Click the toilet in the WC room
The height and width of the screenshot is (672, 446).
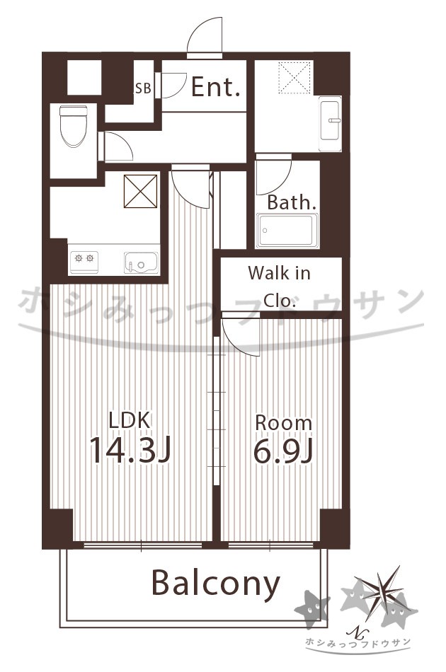click(74, 126)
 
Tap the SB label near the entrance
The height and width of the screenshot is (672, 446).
click(143, 88)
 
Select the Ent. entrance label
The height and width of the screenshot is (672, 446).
click(215, 87)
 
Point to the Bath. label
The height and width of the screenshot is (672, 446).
click(292, 203)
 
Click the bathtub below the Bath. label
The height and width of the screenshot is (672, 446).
click(287, 231)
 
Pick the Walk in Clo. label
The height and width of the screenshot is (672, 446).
click(279, 286)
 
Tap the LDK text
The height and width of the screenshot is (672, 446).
click(130, 420)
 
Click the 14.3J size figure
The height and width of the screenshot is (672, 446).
click(130, 451)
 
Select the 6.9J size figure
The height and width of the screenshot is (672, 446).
click(283, 451)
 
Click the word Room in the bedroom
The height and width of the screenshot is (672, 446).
click(283, 423)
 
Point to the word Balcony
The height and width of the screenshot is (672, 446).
click(216, 584)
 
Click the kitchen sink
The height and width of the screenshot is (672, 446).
click(141, 262)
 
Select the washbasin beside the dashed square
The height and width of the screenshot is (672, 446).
click(330, 123)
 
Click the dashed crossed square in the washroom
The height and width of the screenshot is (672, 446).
click(295, 78)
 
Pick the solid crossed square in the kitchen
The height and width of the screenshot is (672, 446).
click(141, 191)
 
